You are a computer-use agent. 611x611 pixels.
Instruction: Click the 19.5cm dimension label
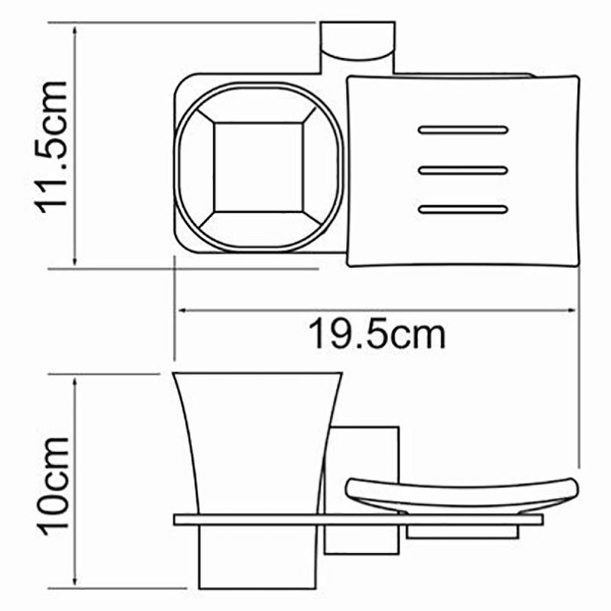pos(377,334)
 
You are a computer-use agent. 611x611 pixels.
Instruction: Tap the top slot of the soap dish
pos(463,130)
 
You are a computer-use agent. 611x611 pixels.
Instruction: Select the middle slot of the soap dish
pos(463,170)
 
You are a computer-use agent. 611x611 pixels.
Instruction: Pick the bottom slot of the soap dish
pos(463,209)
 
